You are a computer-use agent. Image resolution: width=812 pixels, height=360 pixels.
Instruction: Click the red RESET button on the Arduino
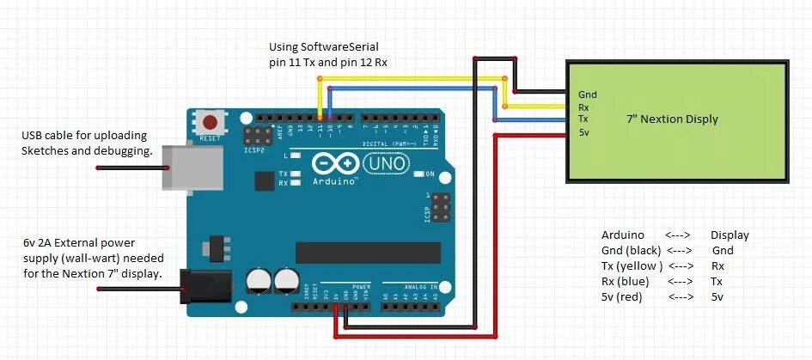pos(208,121)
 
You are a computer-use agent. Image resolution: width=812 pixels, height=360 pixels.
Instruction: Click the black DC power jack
pos(205,286)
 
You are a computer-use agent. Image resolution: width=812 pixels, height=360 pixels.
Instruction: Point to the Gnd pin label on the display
pos(588,95)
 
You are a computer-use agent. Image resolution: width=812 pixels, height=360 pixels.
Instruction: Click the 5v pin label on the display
pos(584,131)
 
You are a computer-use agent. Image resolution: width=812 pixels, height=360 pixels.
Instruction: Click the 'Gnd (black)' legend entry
pos(631,250)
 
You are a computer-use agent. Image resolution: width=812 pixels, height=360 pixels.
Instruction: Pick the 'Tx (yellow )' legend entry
pos(632,265)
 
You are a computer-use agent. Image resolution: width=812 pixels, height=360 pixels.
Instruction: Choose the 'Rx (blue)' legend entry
pos(625,281)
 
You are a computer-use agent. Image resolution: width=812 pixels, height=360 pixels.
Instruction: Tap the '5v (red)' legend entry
pos(622,297)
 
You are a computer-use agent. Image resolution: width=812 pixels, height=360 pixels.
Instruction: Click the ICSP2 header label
pos(254,149)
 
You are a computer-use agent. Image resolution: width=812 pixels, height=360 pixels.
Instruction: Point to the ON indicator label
pos(430,174)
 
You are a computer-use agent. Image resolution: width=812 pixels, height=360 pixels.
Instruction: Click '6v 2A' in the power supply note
pos(42,242)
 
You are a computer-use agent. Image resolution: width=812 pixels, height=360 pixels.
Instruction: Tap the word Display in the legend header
pos(730,235)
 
